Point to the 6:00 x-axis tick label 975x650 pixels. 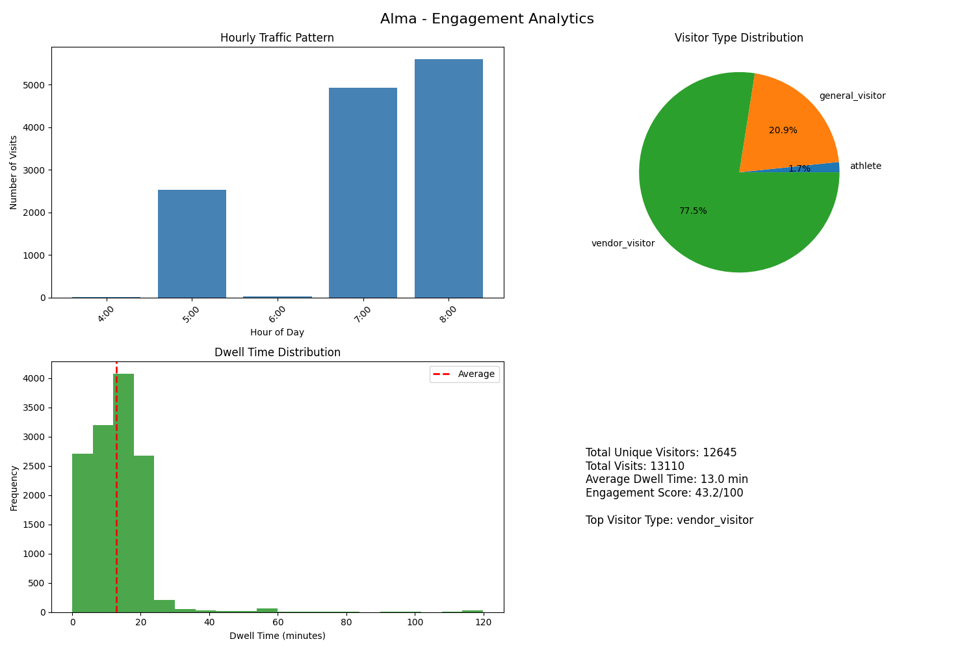[x=278, y=313]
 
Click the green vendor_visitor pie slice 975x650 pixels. [x=702, y=208]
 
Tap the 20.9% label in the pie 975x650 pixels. [x=783, y=131]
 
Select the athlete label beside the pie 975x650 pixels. [x=865, y=166]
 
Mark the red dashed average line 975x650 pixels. [x=116, y=520]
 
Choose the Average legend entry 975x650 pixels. [x=475, y=374]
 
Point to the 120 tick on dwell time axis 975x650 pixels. [x=483, y=623]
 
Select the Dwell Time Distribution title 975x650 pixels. [x=278, y=353]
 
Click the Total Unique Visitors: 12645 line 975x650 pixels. [x=661, y=453]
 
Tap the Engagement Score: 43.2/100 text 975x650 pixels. [x=664, y=493]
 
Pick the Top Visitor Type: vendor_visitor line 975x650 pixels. [x=669, y=521]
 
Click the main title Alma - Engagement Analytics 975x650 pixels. [x=487, y=19]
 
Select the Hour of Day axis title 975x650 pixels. [x=277, y=333]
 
